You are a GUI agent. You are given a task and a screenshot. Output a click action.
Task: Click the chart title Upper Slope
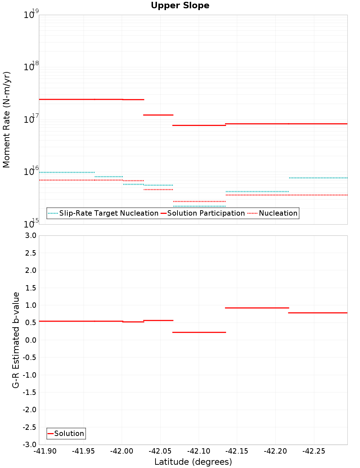[x=180, y=6]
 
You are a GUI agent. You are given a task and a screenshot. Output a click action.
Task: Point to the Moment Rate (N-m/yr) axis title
[x=6, y=120]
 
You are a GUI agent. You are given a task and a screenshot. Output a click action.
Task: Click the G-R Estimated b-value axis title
[x=16, y=340]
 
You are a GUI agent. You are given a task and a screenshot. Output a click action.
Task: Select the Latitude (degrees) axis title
[x=193, y=462]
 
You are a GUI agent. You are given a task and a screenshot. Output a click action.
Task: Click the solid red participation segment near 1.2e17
[x=158, y=115]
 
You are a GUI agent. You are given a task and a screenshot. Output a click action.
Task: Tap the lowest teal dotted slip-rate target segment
[x=199, y=206]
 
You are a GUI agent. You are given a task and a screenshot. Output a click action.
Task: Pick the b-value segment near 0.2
[x=199, y=332]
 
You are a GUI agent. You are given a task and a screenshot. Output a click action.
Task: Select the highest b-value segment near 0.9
[x=257, y=308]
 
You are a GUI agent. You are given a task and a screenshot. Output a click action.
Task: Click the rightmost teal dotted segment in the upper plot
[x=318, y=178]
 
